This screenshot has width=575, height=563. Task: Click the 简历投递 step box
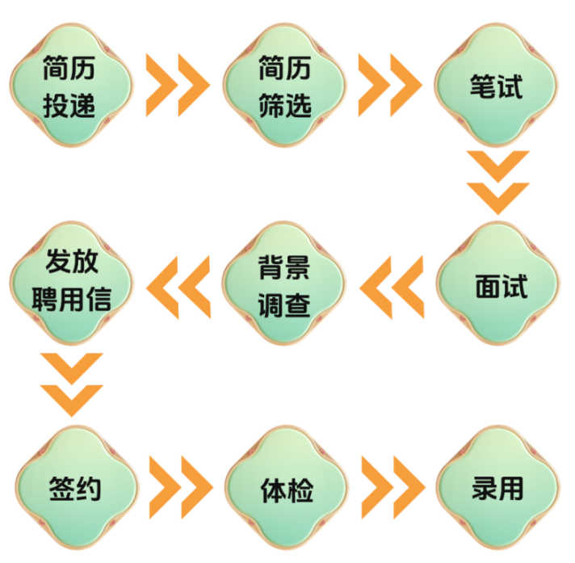(x=70, y=85)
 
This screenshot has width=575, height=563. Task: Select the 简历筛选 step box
(x=285, y=85)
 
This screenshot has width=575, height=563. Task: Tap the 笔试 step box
(x=497, y=85)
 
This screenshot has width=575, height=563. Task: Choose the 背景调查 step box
(x=285, y=284)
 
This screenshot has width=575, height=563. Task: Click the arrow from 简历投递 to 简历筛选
(x=178, y=85)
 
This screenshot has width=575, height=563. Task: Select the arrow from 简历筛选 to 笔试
(x=389, y=85)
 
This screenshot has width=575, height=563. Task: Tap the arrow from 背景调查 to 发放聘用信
(x=178, y=284)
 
